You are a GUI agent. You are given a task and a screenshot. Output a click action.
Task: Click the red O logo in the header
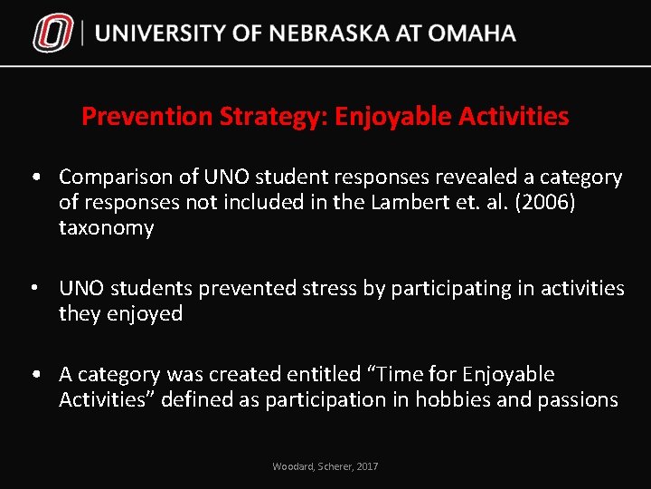tap(52, 34)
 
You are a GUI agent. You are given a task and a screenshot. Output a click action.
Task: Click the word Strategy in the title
tap(263, 117)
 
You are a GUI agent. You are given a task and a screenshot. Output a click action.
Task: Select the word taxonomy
tap(106, 227)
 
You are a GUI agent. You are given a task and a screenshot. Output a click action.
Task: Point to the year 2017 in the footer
tap(367, 466)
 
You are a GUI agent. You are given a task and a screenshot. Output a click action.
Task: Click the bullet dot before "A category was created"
tap(33, 374)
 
